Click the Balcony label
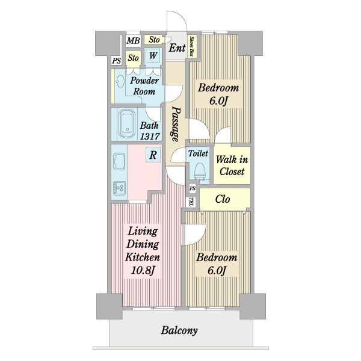click(179, 330)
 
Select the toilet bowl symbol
click(200, 171)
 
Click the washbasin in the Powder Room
click(120, 81)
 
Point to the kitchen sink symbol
click(119, 161)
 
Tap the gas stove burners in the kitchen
click(119, 188)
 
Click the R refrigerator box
click(153, 155)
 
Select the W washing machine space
click(153, 55)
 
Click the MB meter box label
click(133, 41)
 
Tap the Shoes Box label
click(191, 46)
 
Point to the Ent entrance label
click(177, 48)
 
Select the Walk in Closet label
click(232, 165)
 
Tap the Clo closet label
click(223, 199)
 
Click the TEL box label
click(191, 202)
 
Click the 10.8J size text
click(143, 270)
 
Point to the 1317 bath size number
click(150, 137)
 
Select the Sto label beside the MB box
click(154, 39)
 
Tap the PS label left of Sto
click(117, 61)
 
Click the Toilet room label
click(198, 153)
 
